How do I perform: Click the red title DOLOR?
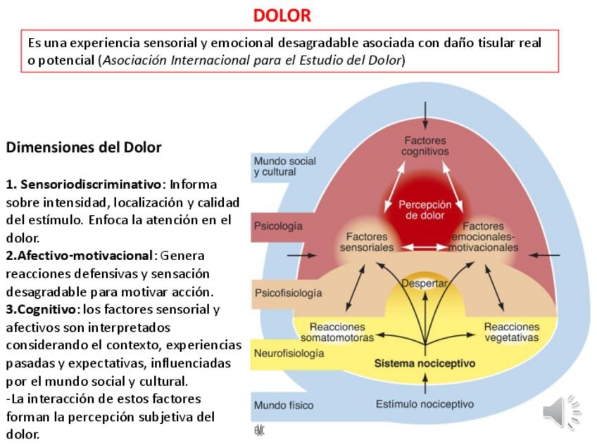pyautogui.click(x=282, y=15)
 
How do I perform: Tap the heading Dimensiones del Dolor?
pyautogui.click(x=84, y=148)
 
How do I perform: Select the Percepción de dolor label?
pyautogui.click(x=425, y=210)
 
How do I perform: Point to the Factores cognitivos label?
pyautogui.click(x=425, y=146)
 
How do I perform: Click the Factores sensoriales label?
pyautogui.click(x=366, y=242)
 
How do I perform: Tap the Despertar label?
pyautogui.click(x=425, y=283)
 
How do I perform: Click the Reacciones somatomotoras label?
pyautogui.click(x=337, y=332)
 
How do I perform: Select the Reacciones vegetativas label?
pyautogui.click(x=511, y=332)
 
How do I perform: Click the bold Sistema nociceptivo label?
pyautogui.click(x=425, y=363)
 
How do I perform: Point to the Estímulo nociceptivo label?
pyautogui.click(x=425, y=404)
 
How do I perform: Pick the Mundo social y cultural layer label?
pyautogui.click(x=284, y=166)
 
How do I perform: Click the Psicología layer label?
pyautogui.click(x=278, y=226)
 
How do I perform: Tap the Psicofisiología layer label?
pyautogui.click(x=288, y=292)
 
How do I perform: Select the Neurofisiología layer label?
pyautogui.click(x=289, y=353)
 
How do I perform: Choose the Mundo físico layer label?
pyautogui.click(x=284, y=405)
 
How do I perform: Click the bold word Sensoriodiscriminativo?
pyautogui.click(x=91, y=184)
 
